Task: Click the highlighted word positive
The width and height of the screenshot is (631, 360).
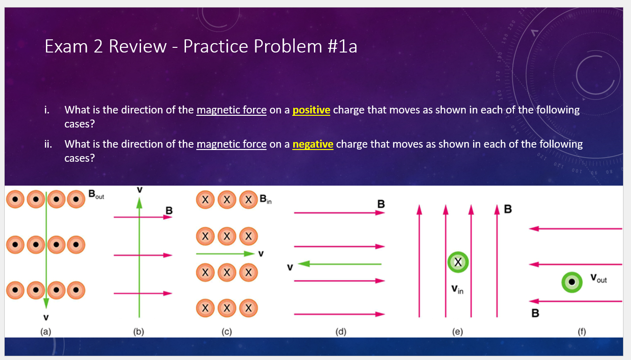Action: (311, 110)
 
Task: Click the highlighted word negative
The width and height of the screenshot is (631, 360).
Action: (312, 144)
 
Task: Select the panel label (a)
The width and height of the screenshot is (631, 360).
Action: (45, 332)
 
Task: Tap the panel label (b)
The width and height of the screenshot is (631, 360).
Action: (139, 332)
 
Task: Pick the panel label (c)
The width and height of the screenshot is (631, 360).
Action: (227, 332)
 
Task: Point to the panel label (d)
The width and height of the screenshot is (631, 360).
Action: (341, 332)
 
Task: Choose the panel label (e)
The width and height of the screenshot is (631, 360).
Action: (457, 332)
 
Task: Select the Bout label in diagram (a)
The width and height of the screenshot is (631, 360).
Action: (96, 195)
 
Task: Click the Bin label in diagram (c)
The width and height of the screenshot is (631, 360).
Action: (266, 200)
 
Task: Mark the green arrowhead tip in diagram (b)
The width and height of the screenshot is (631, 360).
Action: (139, 201)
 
